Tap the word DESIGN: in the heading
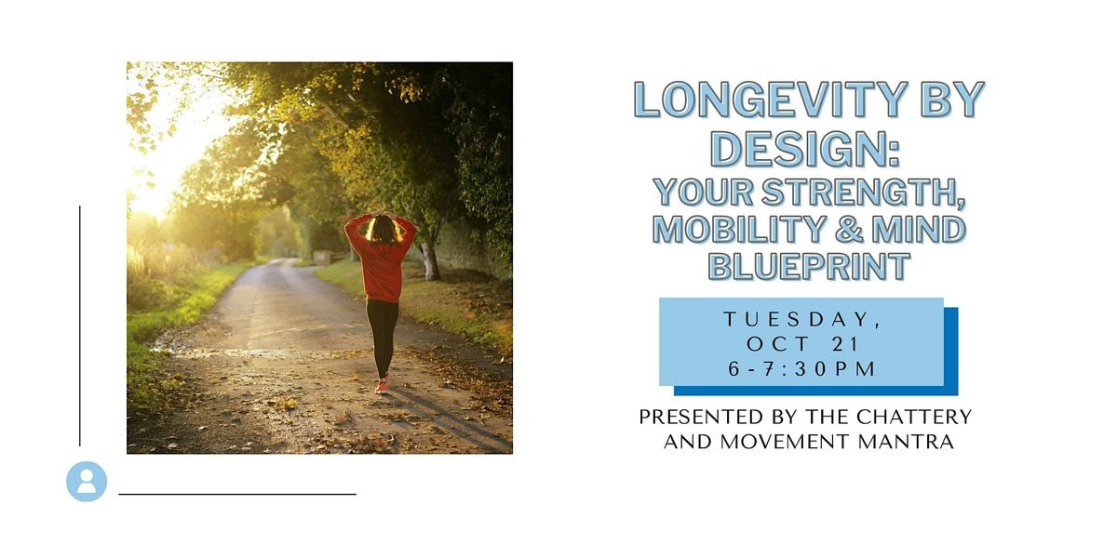coord(805,148)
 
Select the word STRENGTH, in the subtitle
coord(864,192)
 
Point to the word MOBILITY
coord(739,229)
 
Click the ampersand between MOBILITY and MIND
coord(848,229)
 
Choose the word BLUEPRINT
coord(809,266)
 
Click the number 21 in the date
coord(845,344)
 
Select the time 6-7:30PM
coord(801,369)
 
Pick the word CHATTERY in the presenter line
coord(914,417)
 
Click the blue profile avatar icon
coord(87,482)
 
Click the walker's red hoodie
coord(381,264)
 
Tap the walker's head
coord(382,229)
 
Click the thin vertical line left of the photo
coord(80,325)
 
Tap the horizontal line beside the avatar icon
coord(237,494)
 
